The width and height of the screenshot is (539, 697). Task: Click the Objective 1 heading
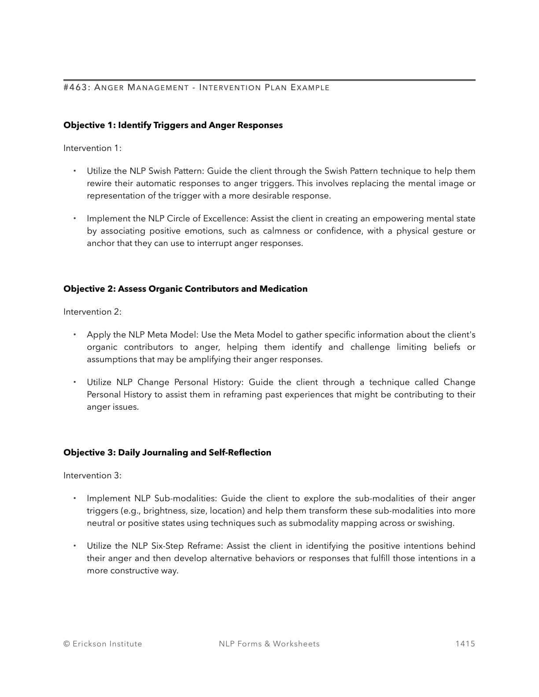173,125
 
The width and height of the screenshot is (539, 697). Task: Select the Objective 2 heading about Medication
185,289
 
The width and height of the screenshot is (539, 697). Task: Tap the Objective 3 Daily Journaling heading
167,453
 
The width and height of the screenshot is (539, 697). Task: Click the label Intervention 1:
92,148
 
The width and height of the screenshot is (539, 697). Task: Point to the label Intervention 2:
92,312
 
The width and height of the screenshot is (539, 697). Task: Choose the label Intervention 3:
92,476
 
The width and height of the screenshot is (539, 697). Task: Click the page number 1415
465,644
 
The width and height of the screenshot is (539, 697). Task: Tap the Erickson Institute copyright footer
103,644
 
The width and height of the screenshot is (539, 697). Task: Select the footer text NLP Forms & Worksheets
269,644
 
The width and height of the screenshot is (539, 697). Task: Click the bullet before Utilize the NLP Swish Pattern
75,171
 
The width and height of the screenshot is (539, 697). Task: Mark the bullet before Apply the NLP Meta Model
75,334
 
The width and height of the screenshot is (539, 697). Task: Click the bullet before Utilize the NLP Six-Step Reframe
75,546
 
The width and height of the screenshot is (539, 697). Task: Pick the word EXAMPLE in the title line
310,88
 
